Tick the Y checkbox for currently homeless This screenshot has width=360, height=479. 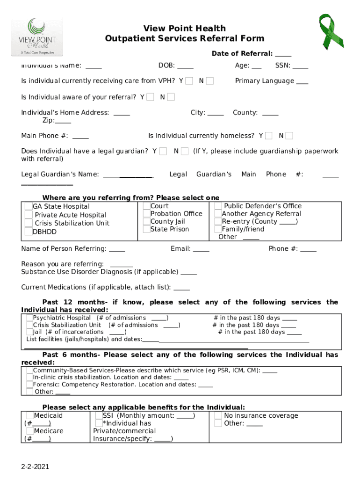point(269,136)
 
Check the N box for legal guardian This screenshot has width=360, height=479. point(185,151)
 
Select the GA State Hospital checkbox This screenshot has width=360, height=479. point(29,206)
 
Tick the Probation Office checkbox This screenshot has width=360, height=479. point(147,214)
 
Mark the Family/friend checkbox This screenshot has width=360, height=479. point(218,229)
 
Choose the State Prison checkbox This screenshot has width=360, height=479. point(147,229)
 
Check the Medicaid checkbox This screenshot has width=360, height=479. point(30,416)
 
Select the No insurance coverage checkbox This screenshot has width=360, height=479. point(218,416)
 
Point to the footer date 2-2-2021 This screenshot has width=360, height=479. point(35,467)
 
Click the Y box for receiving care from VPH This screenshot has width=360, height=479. point(189,81)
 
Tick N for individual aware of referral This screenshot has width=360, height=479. point(171,97)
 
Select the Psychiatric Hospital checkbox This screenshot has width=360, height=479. point(30,318)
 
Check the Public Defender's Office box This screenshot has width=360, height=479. point(218,206)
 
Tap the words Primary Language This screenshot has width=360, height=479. point(265,81)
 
